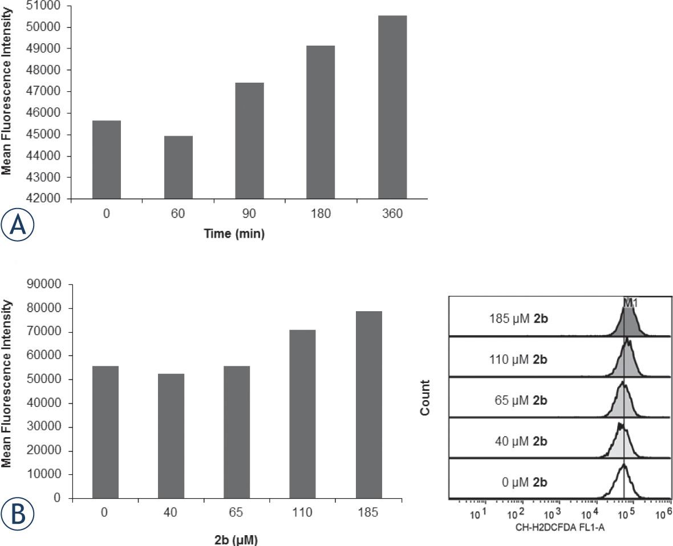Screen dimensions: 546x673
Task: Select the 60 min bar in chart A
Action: click(x=178, y=168)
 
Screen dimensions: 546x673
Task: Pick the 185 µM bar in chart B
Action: click(x=368, y=404)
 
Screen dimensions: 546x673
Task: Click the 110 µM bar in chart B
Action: click(x=302, y=414)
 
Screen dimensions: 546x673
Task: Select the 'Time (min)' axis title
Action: click(x=234, y=234)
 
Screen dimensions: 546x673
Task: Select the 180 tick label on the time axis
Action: click(x=321, y=214)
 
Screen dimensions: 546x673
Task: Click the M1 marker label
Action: click(x=630, y=304)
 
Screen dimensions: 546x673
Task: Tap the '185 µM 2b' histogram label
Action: click(x=518, y=319)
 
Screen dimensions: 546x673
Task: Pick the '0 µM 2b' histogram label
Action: click(x=521, y=482)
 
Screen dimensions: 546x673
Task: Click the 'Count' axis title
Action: click(x=425, y=398)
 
